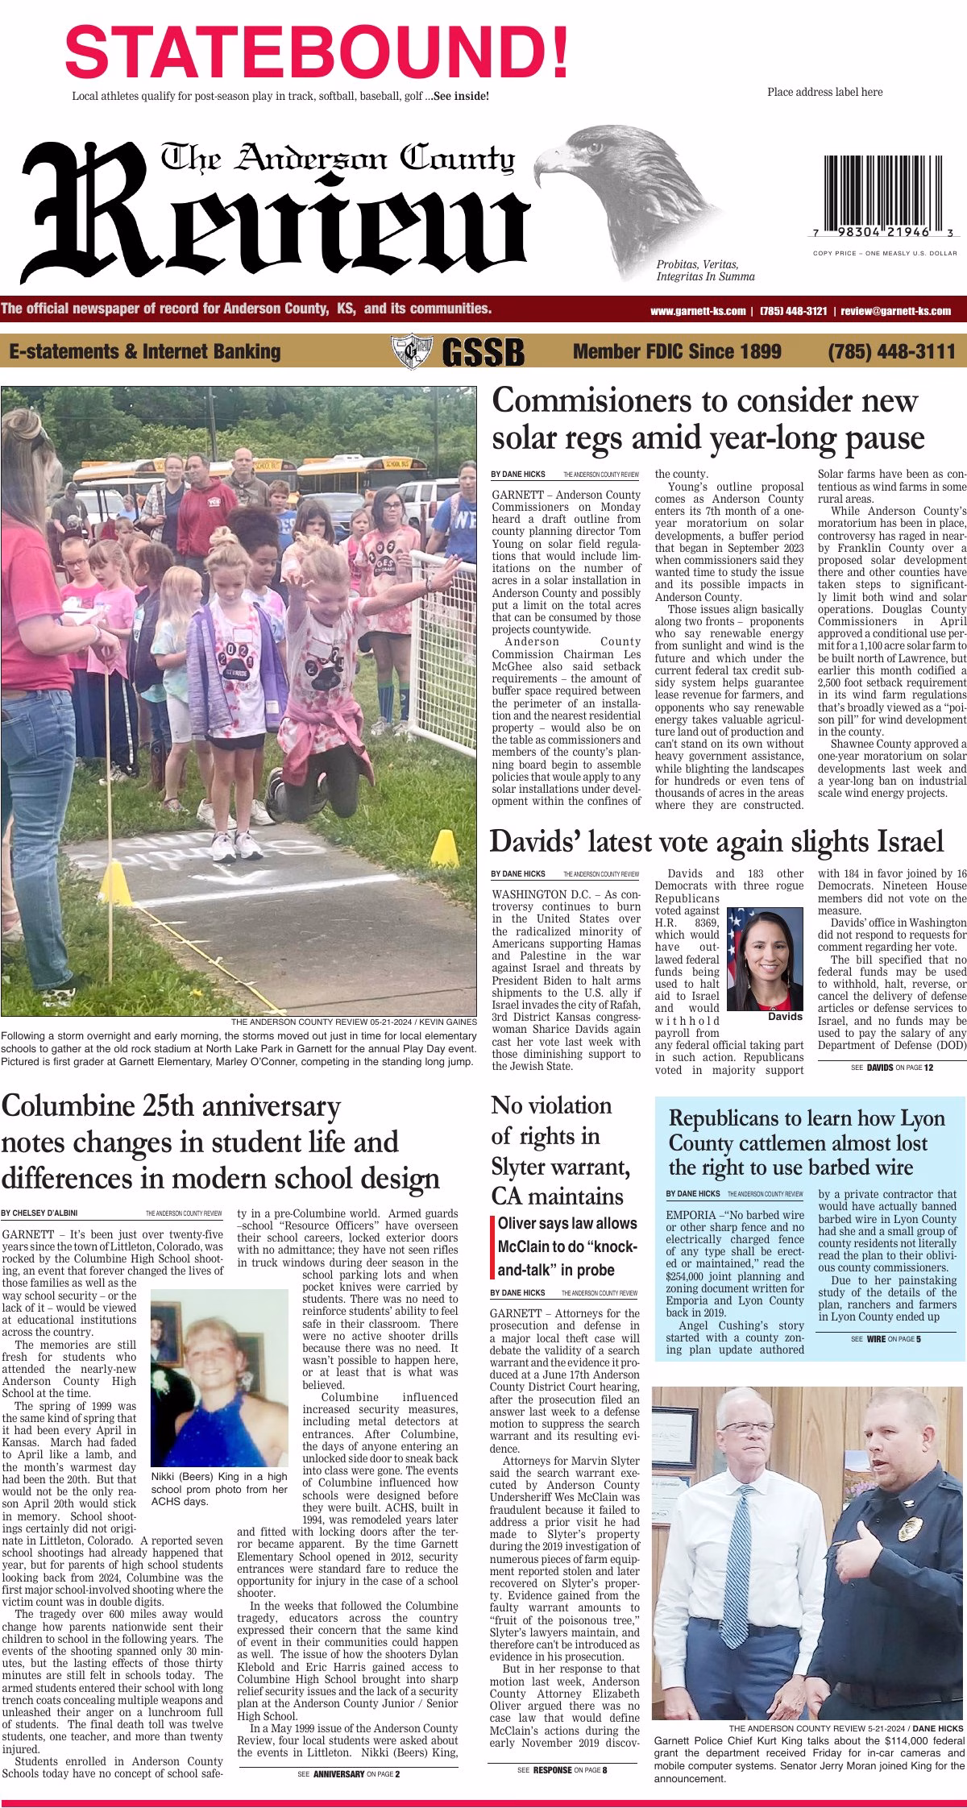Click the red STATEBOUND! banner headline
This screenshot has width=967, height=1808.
[x=317, y=48]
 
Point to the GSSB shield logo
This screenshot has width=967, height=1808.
[x=408, y=352]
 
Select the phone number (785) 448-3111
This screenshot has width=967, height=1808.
[x=891, y=351]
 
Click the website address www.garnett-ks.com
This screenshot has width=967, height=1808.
[x=697, y=311]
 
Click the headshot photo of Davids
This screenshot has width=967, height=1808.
[x=765, y=958]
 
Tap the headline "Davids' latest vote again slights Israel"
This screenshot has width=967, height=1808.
[x=716, y=842]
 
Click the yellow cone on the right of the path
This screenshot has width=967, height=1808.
[x=444, y=848]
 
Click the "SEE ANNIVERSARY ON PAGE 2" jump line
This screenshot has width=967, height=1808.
[x=348, y=1774]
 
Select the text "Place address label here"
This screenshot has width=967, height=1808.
[x=824, y=92]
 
